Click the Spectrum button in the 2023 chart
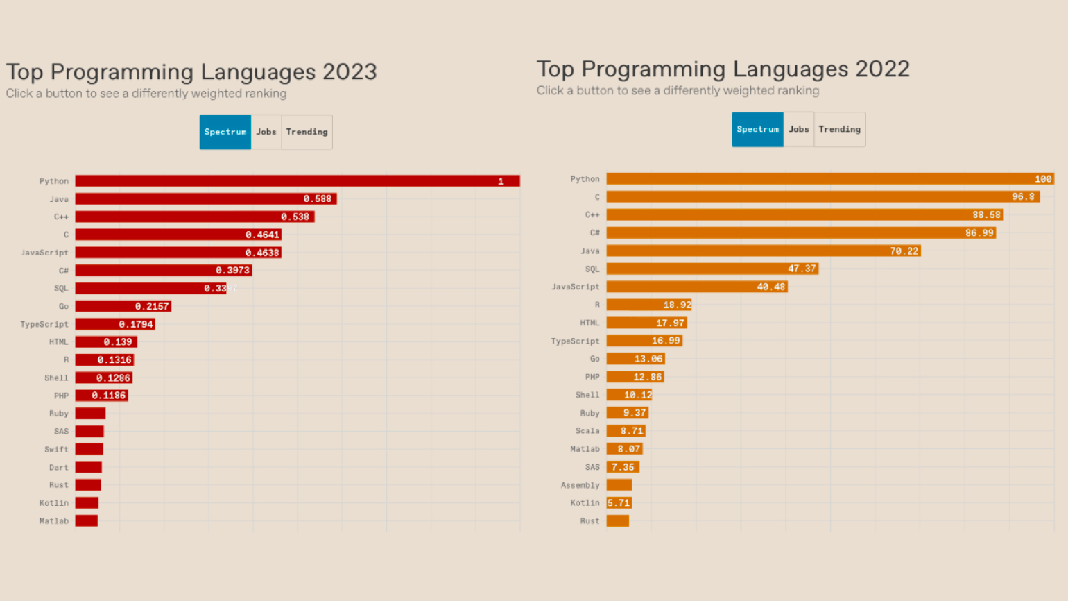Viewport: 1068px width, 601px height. [225, 132]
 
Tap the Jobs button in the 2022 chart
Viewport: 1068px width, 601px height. [798, 129]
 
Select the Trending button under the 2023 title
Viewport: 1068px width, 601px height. [307, 132]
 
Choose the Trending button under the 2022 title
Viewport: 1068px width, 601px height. [839, 129]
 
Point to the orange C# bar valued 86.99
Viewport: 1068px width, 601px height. [801, 232]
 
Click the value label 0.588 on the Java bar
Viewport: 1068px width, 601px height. [318, 199]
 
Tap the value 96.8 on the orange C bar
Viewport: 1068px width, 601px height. [1023, 197]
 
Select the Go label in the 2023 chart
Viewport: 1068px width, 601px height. [64, 306]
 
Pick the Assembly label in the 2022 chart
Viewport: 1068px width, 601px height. [580, 485]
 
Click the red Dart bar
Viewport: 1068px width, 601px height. [89, 467]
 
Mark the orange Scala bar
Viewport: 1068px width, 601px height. [626, 431]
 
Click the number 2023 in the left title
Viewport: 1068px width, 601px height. [350, 71]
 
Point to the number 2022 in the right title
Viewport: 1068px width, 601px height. [882, 69]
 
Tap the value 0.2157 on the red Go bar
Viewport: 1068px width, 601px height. [152, 306]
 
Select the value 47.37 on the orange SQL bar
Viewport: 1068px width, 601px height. [802, 269]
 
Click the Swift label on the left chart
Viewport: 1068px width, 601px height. [56, 449]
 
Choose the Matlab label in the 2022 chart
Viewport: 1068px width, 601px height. [585, 449]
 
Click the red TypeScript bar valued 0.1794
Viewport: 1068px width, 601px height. [115, 324]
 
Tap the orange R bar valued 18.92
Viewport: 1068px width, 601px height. [649, 305]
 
